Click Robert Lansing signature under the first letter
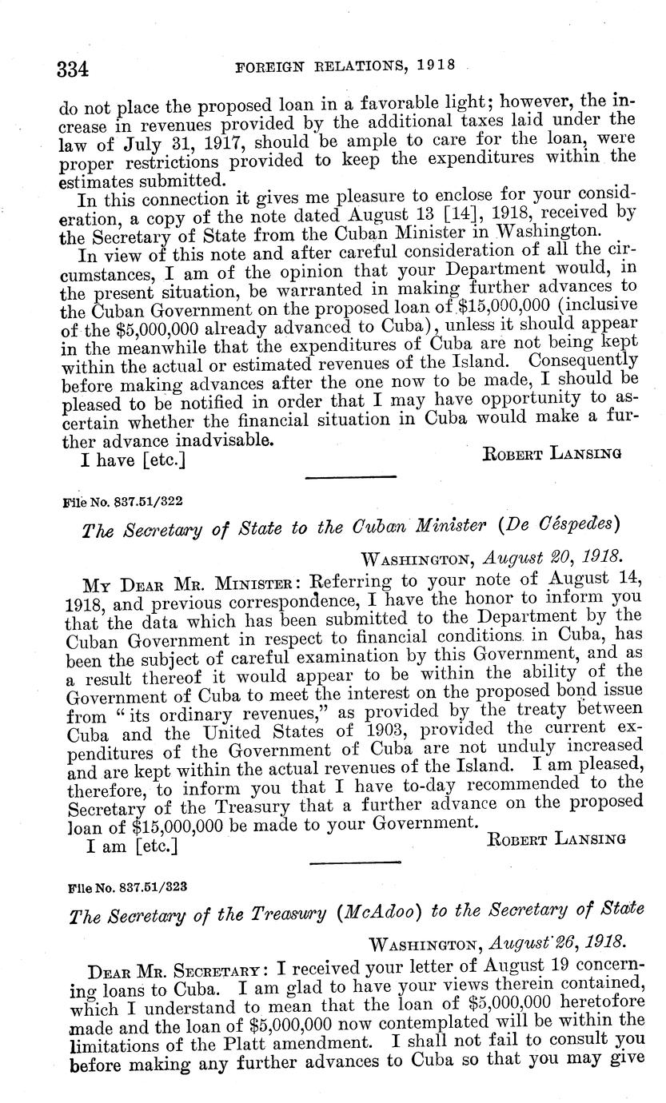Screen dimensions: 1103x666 [x=553, y=455]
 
